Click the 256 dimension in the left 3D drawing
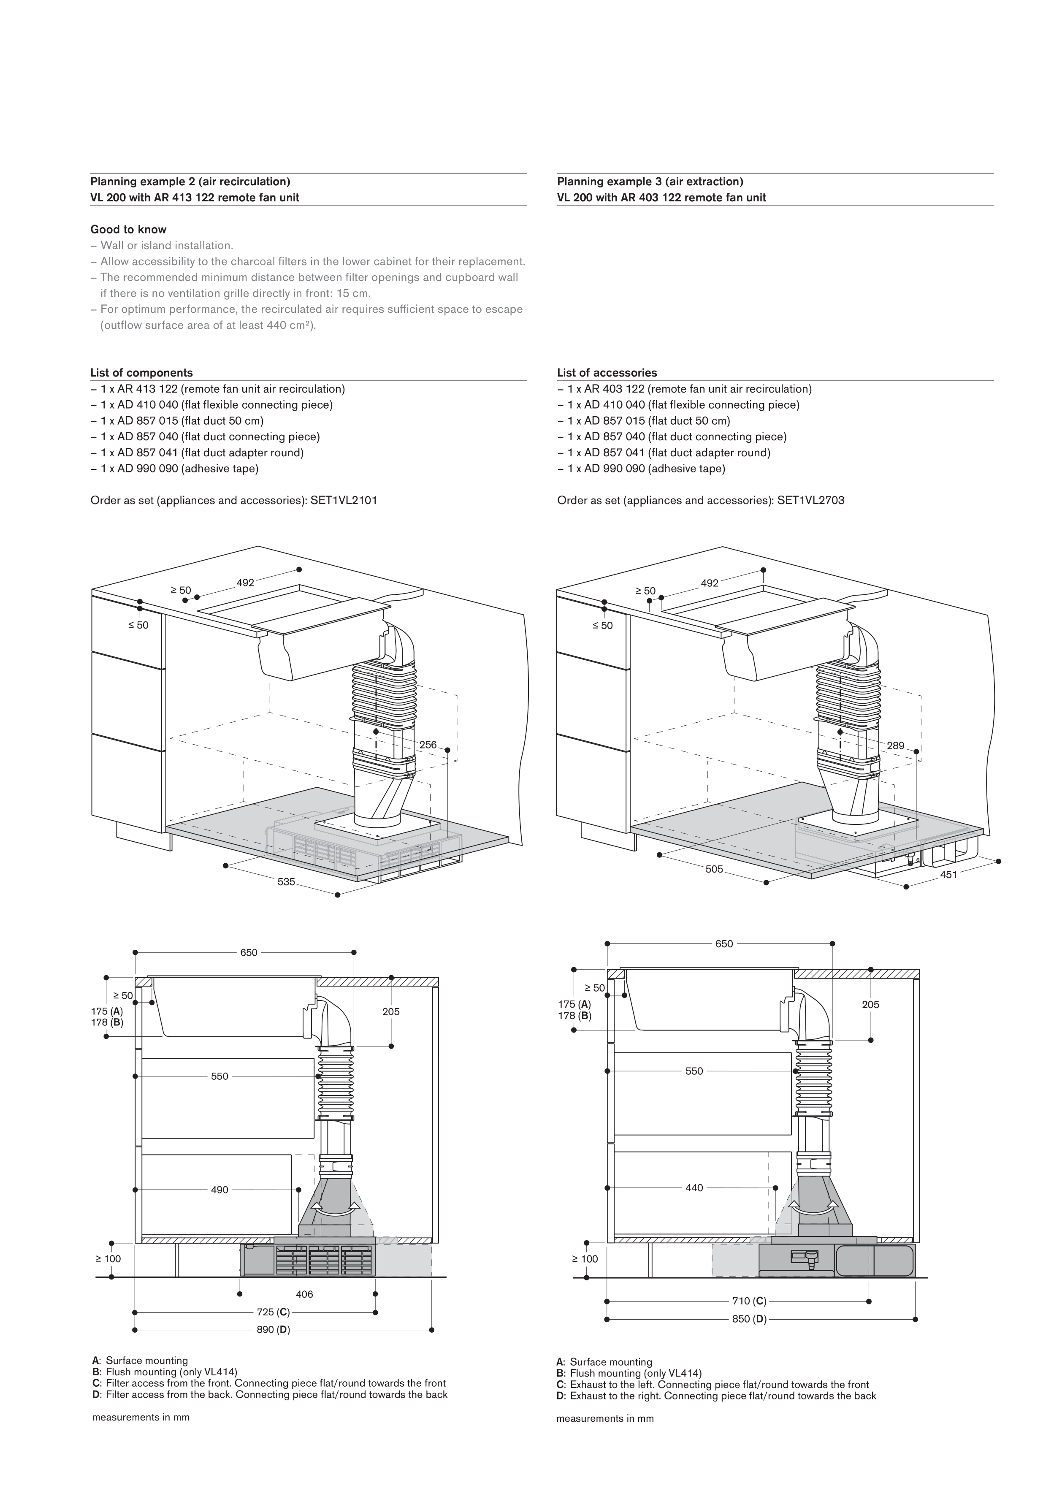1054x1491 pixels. (x=428, y=745)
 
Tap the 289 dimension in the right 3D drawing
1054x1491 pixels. (x=896, y=745)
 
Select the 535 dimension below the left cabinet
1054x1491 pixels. (x=286, y=882)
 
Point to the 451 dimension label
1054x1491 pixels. (x=949, y=875)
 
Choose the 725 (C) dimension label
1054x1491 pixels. (x=273, y=1312)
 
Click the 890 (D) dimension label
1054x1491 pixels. (x=273, y=1329)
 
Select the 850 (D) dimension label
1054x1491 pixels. (x=749, y=1319)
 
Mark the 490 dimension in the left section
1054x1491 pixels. (x=219, y=1190)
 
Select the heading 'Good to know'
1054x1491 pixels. (x=129, y=229)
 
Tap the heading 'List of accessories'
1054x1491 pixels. (x=607, y=373)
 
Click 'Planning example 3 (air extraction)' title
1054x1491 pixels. (x=650, y=182)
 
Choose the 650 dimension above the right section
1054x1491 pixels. (x=724, y=943)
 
